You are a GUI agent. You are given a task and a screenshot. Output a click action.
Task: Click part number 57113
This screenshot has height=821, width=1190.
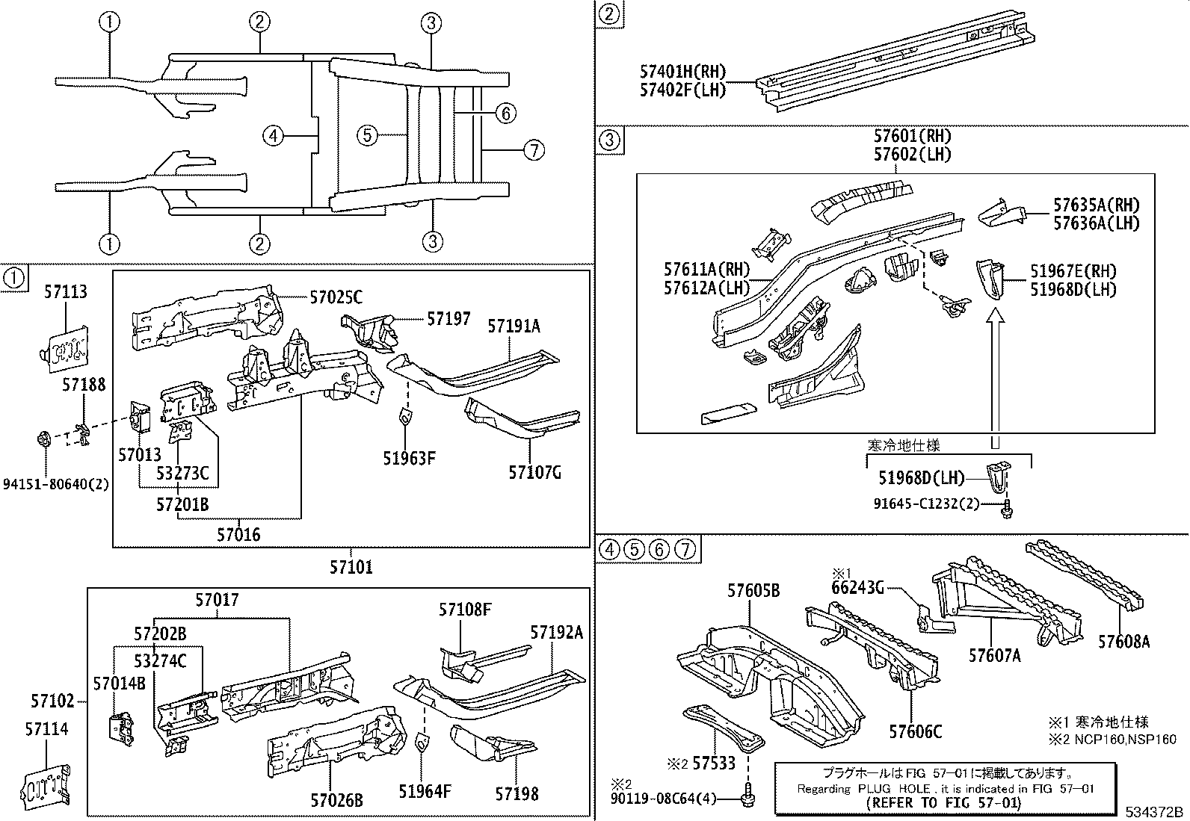pos(65,291)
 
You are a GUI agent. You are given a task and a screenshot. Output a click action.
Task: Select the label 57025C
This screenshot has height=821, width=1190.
pos(336,298)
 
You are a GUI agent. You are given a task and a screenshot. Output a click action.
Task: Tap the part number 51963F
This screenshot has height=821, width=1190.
pos(409,458)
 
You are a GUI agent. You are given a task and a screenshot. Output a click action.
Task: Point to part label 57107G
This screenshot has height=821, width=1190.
pos(534,472)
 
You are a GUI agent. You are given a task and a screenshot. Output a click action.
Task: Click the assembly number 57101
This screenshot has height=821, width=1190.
pos(351,567)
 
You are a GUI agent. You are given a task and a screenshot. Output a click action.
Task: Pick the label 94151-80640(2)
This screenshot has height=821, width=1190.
pos(55,483)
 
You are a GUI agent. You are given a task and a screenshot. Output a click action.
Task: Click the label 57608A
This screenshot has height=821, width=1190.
pos(1123,641)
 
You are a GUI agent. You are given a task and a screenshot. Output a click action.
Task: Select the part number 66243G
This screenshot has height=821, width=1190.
pos(857,588)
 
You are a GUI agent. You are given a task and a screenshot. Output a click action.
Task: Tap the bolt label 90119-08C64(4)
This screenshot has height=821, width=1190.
pos(663,799)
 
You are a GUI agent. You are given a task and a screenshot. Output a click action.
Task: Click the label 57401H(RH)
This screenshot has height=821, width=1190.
pos(682,72)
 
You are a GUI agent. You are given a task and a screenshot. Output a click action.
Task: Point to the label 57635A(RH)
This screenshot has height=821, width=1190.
pos(1096,205)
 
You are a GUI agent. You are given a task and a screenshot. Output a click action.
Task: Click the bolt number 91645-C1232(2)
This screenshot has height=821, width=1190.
pos(926,504)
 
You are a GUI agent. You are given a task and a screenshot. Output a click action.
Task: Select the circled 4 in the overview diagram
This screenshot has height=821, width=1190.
pos(274,136)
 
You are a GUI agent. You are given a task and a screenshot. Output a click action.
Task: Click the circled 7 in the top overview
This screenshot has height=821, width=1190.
pos(533,150)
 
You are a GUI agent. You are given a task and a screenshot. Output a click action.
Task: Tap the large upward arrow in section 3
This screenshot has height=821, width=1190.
pos(994,374)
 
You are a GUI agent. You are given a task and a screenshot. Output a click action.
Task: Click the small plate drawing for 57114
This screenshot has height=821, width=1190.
pos(49,786)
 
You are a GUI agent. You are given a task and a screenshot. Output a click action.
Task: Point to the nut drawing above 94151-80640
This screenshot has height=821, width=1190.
pos(44,436)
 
